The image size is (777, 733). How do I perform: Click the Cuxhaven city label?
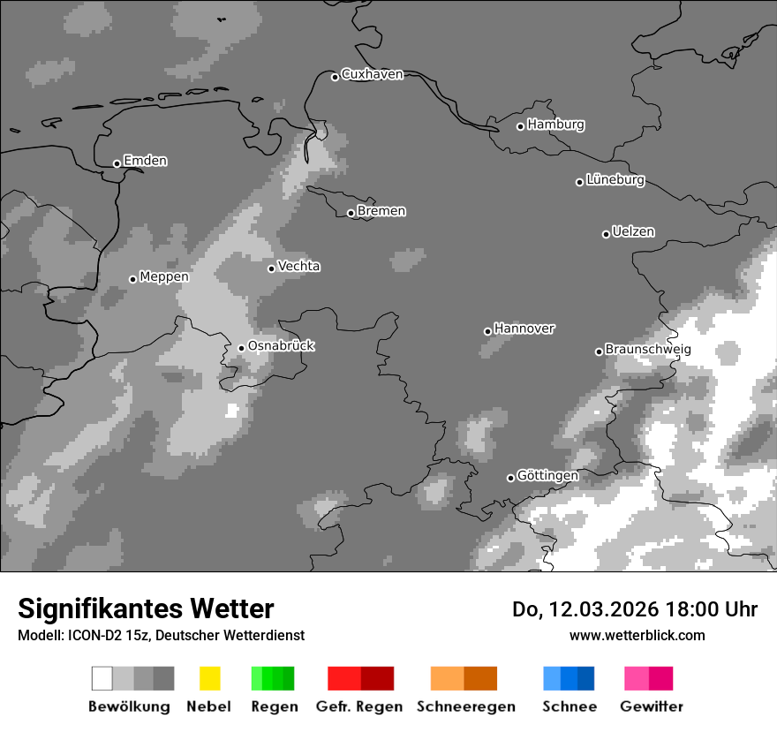[x=372, y=74]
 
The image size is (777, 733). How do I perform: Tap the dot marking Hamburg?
[x=520, y=126]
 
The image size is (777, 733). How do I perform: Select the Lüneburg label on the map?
[x=615, y=180]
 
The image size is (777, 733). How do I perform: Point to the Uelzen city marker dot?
[x=606, y=234]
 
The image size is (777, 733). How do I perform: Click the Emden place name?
[x=145, y=161]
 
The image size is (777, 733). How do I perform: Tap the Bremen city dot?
[x=351, y=213]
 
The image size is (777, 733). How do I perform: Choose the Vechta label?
[x=299, y=266]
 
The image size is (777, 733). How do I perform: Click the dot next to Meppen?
[x=132, y=279]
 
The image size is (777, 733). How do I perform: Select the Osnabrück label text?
[x=281, y=346]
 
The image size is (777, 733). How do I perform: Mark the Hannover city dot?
[x=487, y=331]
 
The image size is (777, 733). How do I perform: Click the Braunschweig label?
[x=648, y=350]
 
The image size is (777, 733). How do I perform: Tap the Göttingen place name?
[x=547, y=476]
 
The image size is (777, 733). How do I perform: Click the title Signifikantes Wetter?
[x=146, y=609]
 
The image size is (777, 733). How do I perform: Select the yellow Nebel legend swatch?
[x=209, y=678]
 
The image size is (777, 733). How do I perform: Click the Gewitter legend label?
[x=652, y=707]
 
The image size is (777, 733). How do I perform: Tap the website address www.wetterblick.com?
[x=637, y=635]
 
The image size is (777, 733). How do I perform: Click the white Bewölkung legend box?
[x=102, y=678]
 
